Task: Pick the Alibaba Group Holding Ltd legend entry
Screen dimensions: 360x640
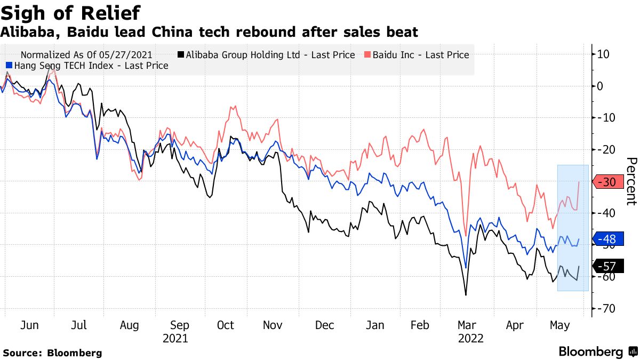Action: [267, 55]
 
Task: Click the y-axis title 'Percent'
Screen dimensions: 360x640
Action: [631, 181]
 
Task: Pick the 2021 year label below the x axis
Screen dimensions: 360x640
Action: [175, 339]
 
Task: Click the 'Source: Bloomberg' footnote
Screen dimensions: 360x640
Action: [52, 353]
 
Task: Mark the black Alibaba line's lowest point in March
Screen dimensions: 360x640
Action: [466, 295]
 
